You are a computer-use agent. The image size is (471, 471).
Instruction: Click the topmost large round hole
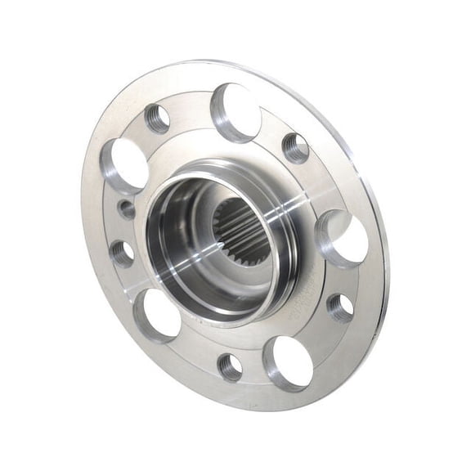236,113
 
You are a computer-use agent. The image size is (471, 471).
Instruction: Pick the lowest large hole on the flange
289,361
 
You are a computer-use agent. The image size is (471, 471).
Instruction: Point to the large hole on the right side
343,238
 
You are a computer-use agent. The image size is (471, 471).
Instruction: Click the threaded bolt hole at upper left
157,119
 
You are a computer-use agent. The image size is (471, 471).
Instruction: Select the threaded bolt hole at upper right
296,148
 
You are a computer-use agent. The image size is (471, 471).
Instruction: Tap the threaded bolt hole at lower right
340,307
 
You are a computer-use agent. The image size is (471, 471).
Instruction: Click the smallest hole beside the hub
127,209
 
